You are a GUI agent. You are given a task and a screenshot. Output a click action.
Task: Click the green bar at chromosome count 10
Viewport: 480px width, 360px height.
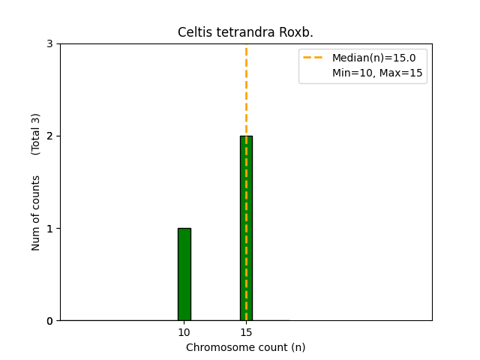(184, 274)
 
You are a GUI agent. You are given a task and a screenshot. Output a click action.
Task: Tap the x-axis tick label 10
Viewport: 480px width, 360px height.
(184, 332)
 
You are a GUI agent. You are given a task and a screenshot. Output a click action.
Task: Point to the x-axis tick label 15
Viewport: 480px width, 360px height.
(246, 332)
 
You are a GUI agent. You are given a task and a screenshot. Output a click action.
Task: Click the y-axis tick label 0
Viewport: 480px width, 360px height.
(49, 321)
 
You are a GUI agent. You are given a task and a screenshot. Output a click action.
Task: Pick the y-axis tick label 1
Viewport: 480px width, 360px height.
(49, 229)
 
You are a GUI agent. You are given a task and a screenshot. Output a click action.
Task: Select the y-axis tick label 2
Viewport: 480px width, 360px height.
(49, 136)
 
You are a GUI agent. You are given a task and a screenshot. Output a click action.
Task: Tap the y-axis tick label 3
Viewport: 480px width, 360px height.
(49, 43)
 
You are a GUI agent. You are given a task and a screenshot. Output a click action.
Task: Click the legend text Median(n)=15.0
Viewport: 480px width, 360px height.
(373, 57)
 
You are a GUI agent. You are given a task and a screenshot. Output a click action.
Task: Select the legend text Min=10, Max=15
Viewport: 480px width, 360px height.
(377, 73)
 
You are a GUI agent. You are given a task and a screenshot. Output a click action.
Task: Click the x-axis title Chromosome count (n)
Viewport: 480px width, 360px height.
(246, 347)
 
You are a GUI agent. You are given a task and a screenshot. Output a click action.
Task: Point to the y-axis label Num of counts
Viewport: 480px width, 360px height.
(36, 213)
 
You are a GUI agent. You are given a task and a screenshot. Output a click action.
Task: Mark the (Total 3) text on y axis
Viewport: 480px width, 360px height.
(36, 133)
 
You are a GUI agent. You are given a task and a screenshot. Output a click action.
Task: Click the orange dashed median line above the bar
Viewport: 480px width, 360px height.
(246, 90)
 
